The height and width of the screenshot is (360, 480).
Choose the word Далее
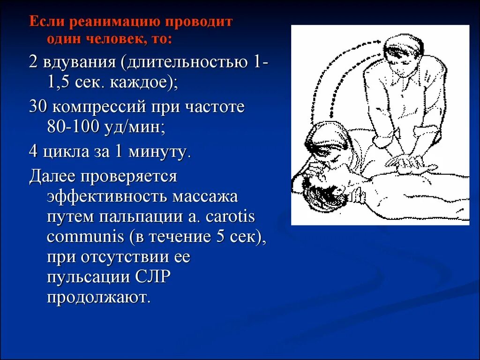point(52,176)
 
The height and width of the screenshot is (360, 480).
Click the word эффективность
point(106,196)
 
